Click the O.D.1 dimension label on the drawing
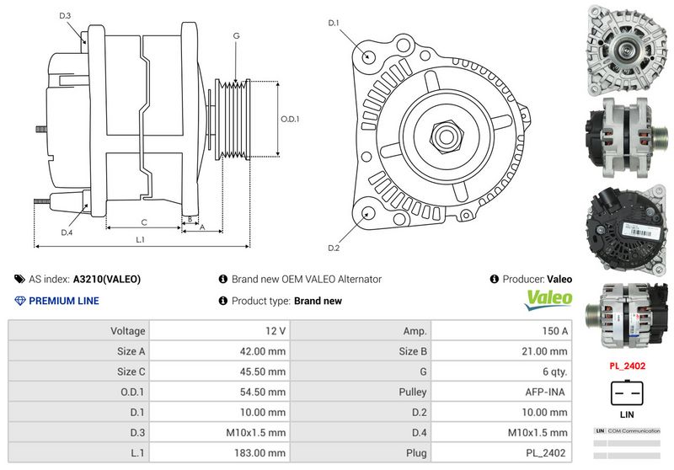(291, 119)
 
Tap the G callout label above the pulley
(237, 36)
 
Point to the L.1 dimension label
(140, 239)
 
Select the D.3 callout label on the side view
(66, 16)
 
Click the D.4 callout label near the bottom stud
(67, 232)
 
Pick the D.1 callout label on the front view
(334, 23)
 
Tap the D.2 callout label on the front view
(334, 248)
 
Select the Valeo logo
(548, 298)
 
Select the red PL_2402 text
(628, 366)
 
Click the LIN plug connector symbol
(627, 393)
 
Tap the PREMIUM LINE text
(63, 301)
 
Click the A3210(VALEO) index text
(107, 279)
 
